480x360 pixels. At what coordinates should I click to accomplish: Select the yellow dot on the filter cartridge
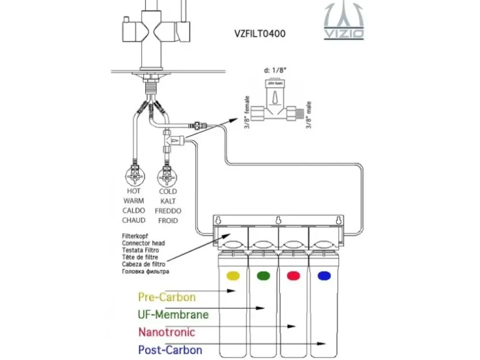[233, 275]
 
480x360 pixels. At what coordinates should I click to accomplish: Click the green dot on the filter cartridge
[263, 275]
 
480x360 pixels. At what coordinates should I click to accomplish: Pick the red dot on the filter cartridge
[292, 275]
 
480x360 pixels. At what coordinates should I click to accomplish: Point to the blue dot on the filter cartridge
[322, 275]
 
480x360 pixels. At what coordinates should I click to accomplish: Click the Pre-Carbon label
[166, 297]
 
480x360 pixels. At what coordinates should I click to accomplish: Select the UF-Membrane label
[173, 315]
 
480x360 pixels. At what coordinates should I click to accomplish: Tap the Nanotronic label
[166, 332]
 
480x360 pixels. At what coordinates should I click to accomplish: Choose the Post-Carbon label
[170, 349]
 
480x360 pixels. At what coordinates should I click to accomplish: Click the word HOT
[133, 191]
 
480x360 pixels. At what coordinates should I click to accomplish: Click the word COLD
[168, 191]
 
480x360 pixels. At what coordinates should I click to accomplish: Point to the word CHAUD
[133, 220]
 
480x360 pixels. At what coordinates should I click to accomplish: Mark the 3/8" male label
[308, 113]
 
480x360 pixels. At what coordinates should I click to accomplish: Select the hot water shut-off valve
[133, 173]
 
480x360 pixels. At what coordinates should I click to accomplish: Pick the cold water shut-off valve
[167, 174]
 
